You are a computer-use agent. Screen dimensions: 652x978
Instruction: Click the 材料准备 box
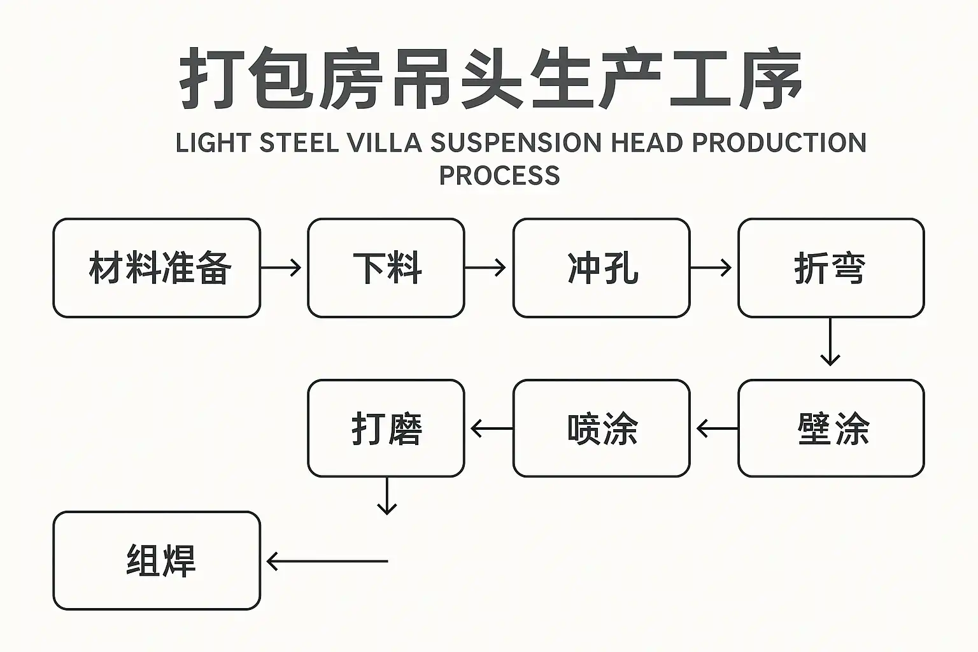point(157,268)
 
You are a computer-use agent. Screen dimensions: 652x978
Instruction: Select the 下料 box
point(386,268)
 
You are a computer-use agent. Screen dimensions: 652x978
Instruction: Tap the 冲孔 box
point(601,268)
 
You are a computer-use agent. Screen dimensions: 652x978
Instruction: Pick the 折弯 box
point(830,268)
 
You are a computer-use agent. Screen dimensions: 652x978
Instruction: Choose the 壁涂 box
point(830,429)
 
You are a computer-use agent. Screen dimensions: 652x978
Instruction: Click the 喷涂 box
point(601,429)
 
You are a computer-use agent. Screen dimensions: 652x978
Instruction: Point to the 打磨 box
point(386,429)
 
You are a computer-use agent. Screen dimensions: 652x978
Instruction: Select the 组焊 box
point(157,561)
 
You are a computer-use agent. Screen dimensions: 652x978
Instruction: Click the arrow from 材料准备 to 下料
point(281,268)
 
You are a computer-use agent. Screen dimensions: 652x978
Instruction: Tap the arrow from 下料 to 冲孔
point(485,268)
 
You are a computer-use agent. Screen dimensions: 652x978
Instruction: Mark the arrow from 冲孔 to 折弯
point(711,268)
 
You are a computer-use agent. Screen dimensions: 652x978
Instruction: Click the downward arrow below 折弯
point(830,342)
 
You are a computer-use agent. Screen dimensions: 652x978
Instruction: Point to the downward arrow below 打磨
point(386,496)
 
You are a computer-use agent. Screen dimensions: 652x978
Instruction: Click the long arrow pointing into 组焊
point(327,562)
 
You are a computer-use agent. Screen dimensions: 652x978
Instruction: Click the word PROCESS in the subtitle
point(499,176)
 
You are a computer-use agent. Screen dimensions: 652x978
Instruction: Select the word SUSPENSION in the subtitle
point(516,143)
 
